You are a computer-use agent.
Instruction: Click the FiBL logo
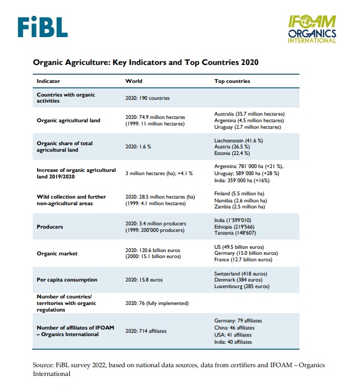click(x=43, y=27)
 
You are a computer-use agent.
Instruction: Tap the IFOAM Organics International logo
click(x=312, y=29)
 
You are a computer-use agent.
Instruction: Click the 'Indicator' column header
click(x=48, y=81)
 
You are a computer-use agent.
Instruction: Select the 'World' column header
click(x=134, y=81)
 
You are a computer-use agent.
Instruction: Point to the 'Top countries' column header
click(x=232, y=81)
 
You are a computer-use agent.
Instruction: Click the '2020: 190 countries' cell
click(x=147, y=98)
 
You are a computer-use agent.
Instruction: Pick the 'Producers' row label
click(x=50, y=227)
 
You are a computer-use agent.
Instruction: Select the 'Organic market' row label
click(x=57, y=254)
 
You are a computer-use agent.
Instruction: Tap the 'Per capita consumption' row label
click(x=67, y=280)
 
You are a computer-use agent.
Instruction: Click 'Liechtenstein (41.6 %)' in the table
click(x=239, y=141)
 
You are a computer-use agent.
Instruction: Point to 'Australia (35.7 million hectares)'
click(x=249, y=114)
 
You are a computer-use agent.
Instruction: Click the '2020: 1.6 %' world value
click(x=138, y=147)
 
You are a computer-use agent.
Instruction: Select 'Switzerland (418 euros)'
click(x=241, y=274)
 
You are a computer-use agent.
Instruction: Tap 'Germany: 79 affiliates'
click(x=238, y=321)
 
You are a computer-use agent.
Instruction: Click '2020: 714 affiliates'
click(x=146, y=331)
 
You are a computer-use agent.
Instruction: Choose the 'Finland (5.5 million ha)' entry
click(x=239, y=194)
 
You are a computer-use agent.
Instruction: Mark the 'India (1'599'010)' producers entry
click(x=233, y=220)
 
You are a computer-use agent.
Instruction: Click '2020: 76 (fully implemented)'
click(x=157, y=303)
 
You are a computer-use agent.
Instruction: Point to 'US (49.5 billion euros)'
click(x=239, y=247)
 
